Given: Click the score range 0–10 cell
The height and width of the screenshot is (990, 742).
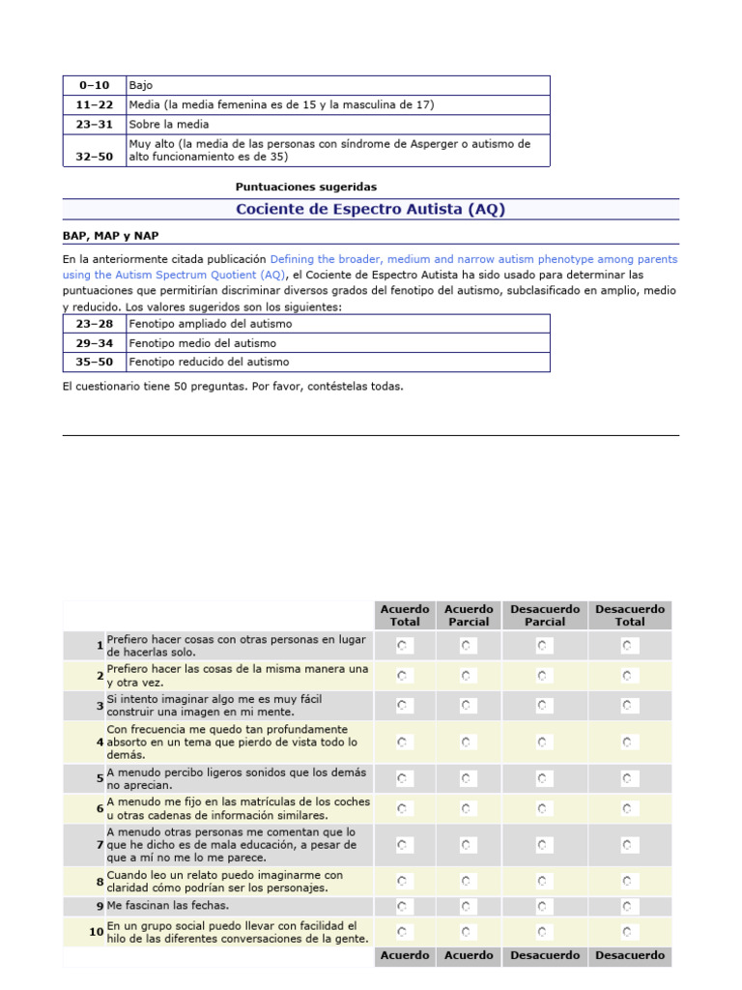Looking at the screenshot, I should coord(94,85).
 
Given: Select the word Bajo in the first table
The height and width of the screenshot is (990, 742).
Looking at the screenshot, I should coord(141,85).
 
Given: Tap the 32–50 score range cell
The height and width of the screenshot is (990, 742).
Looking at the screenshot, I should coord(94,156).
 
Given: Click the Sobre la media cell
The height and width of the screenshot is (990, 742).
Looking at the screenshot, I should coord(169,124).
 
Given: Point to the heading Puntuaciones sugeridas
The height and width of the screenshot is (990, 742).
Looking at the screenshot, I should coord(306,187).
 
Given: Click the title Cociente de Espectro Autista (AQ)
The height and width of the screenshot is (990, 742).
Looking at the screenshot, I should coord(370,209).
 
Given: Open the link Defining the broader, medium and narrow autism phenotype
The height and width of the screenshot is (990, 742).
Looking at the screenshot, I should coord(473,259).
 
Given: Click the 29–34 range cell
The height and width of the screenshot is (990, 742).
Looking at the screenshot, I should coord(94,343).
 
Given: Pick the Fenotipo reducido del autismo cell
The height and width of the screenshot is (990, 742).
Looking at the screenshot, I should coord(209,362).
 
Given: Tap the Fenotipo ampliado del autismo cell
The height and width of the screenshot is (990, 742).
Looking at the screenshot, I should coord(211,324).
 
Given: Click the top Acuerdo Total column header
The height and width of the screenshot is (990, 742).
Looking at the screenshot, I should coord(405,615).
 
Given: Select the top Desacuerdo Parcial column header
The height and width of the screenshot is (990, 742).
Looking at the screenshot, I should coord(545,615).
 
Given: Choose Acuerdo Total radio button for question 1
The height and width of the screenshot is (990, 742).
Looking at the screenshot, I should coord(404,645).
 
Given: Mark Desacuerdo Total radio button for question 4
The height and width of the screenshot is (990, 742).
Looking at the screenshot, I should coord(629,742).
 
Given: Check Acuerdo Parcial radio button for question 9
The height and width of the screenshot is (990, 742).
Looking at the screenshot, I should coord(468,906).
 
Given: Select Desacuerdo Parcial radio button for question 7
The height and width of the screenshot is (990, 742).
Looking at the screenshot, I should coord(545,845).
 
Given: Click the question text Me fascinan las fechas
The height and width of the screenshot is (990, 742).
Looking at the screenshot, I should coord(168,906).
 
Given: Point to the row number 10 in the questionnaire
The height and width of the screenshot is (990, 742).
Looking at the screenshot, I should coord(97,932).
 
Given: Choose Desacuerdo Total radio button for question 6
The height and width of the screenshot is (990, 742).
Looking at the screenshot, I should coord(629,808).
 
